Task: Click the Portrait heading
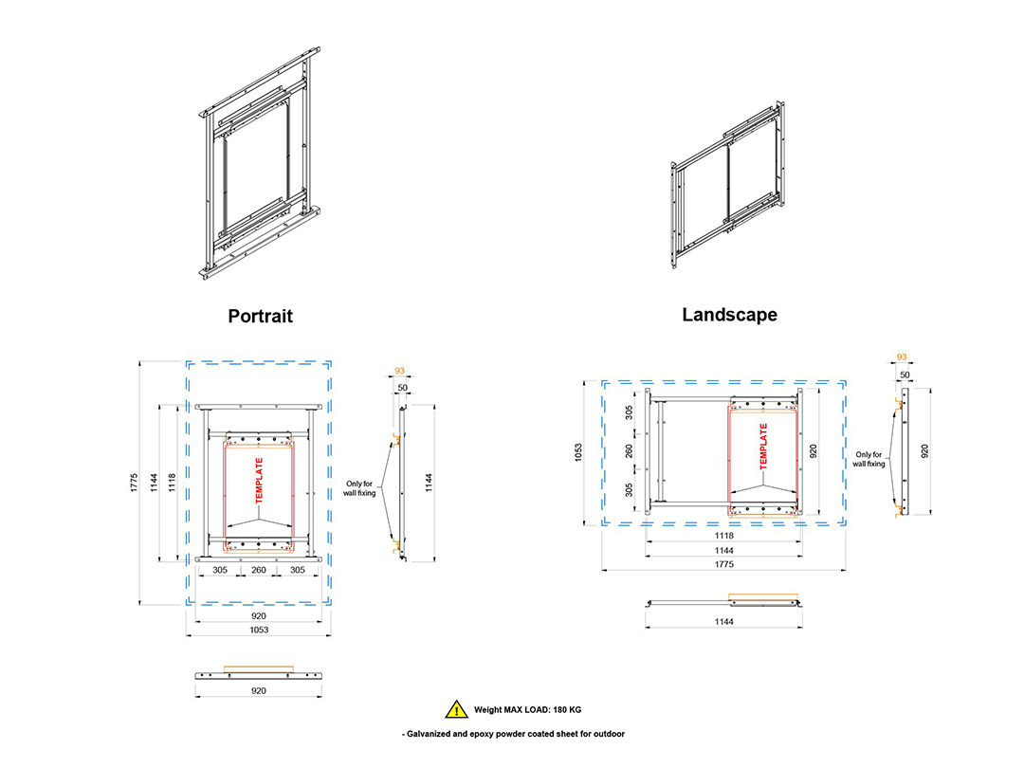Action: [260, 316]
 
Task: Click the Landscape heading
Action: [729, 315]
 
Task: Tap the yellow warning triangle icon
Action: [456, 709]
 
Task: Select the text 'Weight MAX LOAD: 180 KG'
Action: [528, 710]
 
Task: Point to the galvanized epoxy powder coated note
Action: [513, 734]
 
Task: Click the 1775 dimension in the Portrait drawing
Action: [135, 483]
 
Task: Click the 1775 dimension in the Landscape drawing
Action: [723, 564]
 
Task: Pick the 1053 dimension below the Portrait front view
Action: [259, 631]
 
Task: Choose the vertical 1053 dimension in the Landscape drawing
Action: [578, 452]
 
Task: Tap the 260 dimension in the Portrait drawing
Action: [259, 570]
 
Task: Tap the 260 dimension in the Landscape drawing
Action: [629, 450]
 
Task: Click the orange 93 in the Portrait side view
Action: [400, 371]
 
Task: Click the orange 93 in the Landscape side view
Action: [902, 357]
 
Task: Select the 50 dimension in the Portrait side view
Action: [402, 388]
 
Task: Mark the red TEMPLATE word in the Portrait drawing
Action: [259, 481]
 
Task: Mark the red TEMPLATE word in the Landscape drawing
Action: [763, 447]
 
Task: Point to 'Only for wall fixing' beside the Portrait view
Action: [359, 488]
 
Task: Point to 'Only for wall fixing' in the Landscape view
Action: [869, 459]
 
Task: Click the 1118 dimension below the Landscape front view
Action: [723, 536]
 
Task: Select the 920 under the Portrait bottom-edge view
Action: [259, 691]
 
